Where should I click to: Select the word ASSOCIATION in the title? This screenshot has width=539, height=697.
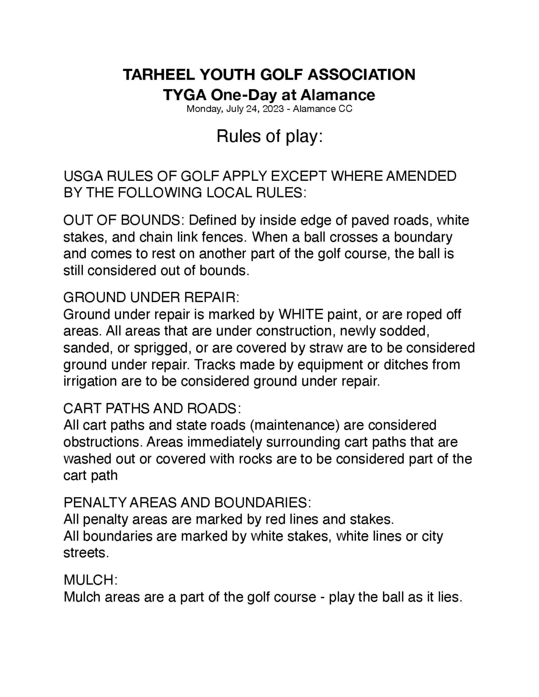[x=361, y=75]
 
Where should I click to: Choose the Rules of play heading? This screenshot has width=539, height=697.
[x=270, y=136]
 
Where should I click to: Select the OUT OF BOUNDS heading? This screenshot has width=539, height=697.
[x=122, y=221]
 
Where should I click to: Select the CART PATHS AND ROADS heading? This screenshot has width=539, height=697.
[x=152, y=409]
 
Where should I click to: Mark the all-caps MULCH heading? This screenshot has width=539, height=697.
[x=90, y=580]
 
